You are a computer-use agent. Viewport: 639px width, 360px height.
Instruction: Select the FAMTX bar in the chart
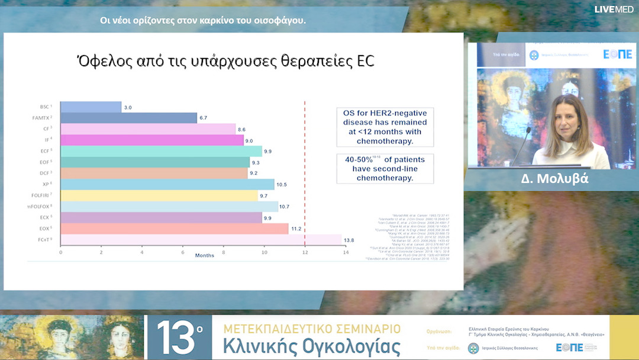click(x=128, y=118)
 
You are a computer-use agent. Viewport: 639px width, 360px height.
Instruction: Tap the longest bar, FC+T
click(x=201, y=240)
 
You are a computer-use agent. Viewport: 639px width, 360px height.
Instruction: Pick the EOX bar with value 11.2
click(x=174, y=229)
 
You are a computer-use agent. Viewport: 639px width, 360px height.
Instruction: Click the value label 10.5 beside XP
click(x=282, y=184)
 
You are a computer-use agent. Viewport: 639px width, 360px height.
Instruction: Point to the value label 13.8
click(x=349, y=240)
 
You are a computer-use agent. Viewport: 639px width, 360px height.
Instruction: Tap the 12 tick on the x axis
click(x=305, y=252)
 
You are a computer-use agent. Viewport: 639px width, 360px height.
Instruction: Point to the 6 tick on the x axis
click(x=183, y=252)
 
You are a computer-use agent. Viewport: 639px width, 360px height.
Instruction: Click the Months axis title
click(x=205, y=256)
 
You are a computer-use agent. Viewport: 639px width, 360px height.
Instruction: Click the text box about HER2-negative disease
click(x=385, y=127)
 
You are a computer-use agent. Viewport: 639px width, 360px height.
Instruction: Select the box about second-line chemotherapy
click(x=385, y=168)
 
